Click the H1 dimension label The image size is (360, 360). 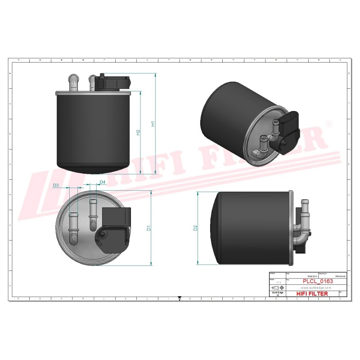click(153, 123)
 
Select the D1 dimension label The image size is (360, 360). click(148, 228)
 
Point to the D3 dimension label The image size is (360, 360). click(56, 185)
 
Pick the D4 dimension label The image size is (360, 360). click(102, 182)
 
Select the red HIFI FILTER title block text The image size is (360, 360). click(313, 293)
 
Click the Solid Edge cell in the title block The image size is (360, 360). click(277, 293)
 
